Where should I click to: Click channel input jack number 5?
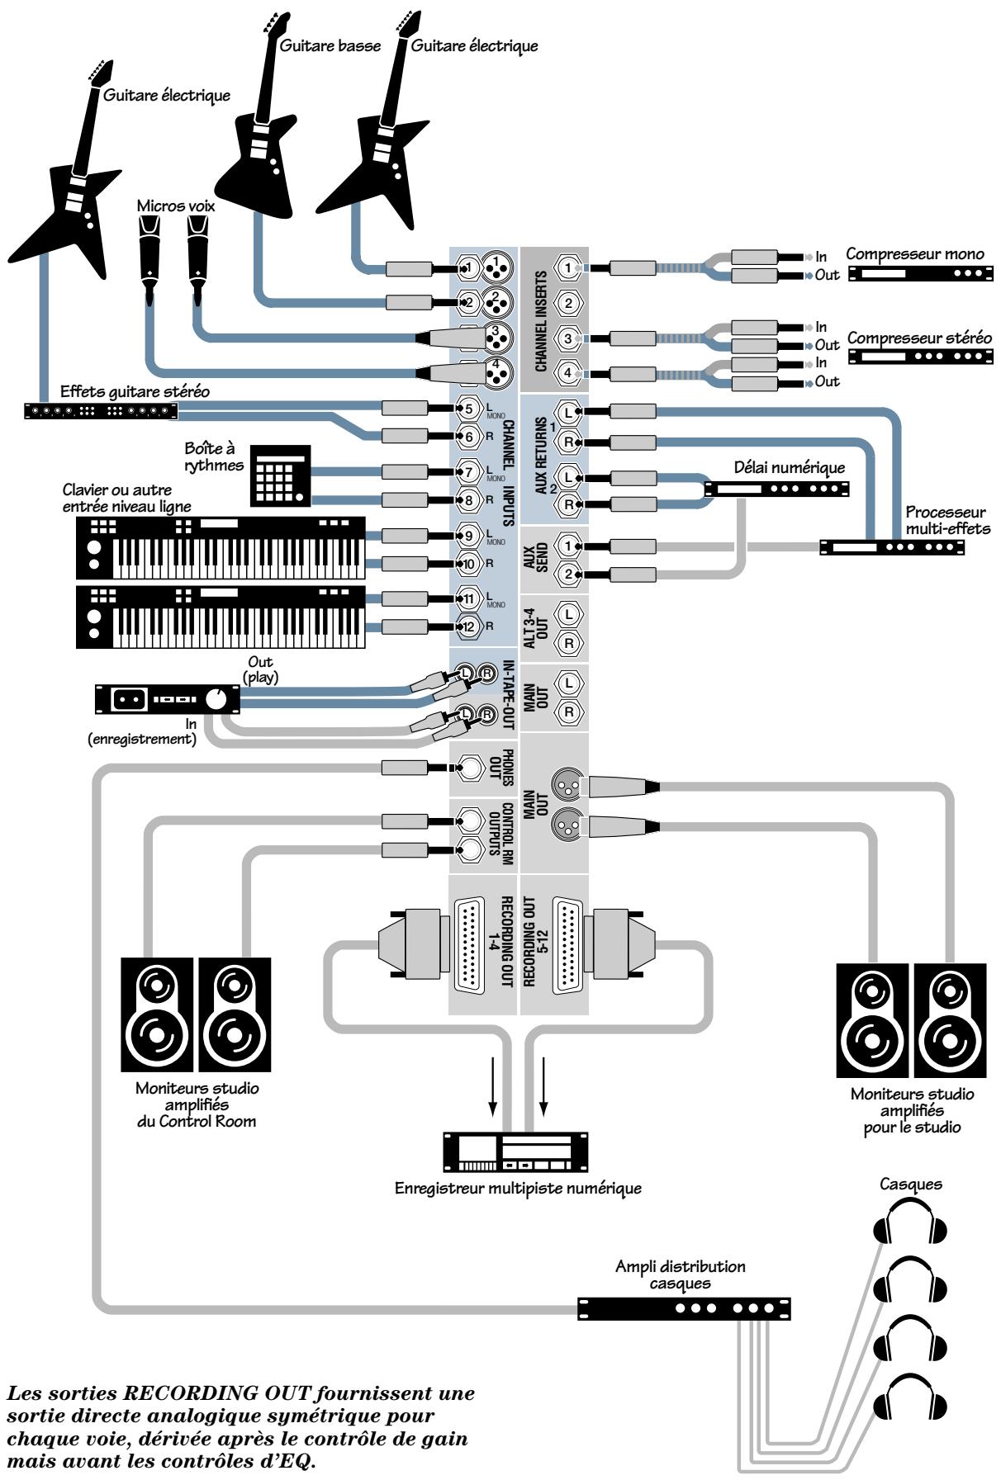(x=467, y=408)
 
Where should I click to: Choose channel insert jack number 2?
(x=568, y=303)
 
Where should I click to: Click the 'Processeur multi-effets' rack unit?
(x=892, y=546)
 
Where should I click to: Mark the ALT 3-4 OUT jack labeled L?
(x=568, y=614)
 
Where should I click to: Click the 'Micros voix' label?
(x=175, y=206)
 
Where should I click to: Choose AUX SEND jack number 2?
(x=567, y=575)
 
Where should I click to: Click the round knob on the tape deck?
(x=216, y=700)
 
